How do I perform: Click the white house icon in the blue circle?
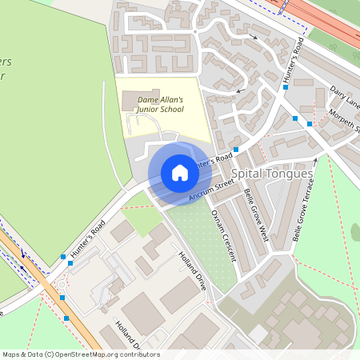180,173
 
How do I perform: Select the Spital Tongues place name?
266,173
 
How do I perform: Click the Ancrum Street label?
211,190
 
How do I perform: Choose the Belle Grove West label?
255,215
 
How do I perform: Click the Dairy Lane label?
346,98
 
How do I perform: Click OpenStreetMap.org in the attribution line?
94,354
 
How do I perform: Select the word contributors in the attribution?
138,354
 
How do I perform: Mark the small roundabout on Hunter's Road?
62,285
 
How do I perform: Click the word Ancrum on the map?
199,194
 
